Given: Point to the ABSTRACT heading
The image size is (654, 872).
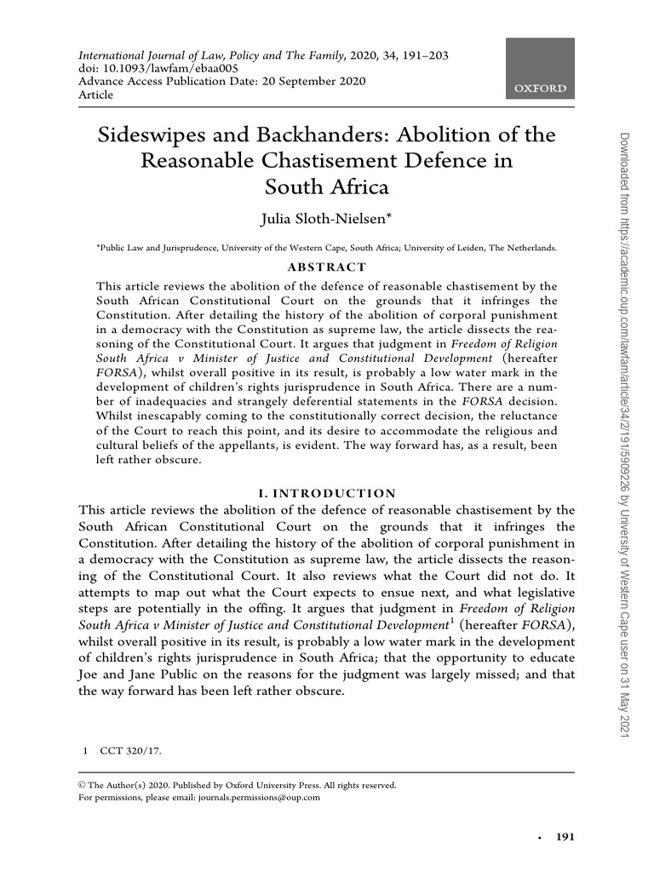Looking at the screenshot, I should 328,267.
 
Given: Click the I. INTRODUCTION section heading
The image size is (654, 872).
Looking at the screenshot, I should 327,493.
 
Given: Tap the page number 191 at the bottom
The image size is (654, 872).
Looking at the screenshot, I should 565,837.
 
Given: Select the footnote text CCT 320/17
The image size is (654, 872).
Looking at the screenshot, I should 130,751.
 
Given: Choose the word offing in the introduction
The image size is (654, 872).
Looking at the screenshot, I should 284,609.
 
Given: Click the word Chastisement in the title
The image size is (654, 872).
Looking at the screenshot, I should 330,160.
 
